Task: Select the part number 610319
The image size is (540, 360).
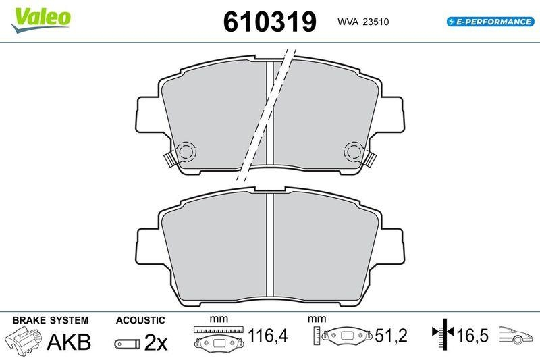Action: (270, 22)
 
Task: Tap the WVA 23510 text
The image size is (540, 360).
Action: (363, 22)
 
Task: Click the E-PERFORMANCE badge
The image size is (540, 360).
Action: (490, 22)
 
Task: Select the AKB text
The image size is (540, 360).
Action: (68, 342)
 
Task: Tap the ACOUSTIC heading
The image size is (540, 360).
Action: (140, 320)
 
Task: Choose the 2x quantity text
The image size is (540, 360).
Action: (156, 342)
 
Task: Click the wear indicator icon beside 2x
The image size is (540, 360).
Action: (126, 343)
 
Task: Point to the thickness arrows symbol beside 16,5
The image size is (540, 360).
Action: (441, 334)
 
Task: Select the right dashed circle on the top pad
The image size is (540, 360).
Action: (353, 152)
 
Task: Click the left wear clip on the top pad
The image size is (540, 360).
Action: (169, 159)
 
